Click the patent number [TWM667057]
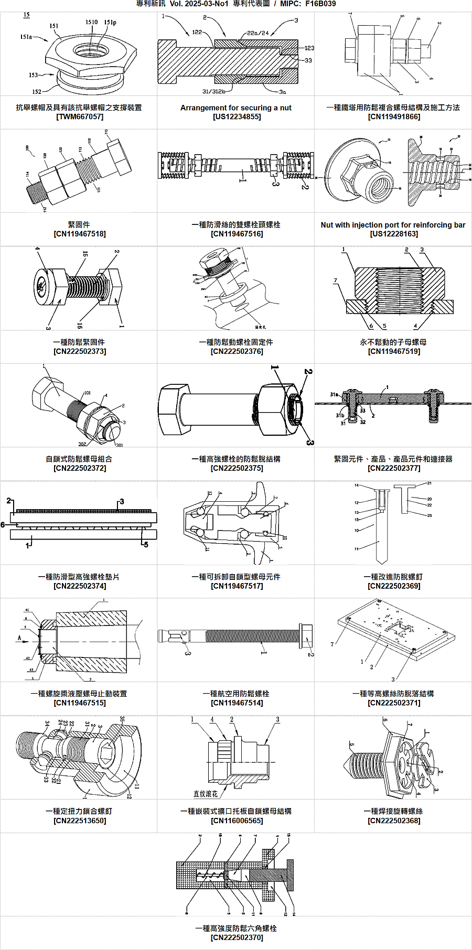tap(79, 116)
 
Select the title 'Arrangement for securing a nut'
tap(236, 107)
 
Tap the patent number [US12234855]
tap(237, 116)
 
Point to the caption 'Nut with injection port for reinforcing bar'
tap(393, 225)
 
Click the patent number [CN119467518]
tap(79, 234)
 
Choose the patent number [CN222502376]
tap(237, 351)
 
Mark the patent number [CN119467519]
tap(394, 351)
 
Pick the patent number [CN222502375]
tap(237, 468)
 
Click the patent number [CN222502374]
tap(79, 586)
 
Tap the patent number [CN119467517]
tap(237, 586)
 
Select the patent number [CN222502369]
tap(394, 586)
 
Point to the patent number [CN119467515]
tap(79, 703)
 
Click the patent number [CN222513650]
tap(79, 821)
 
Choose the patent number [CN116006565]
tap(237, 821)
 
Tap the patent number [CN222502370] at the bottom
tap(237, 937)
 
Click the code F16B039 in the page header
tap(320, 4)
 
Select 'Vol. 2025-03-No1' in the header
tap(199, 4)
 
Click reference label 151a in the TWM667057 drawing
tap(26, 37)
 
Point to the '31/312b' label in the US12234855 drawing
tap(214, 91)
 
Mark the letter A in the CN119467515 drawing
tap(19, 638)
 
